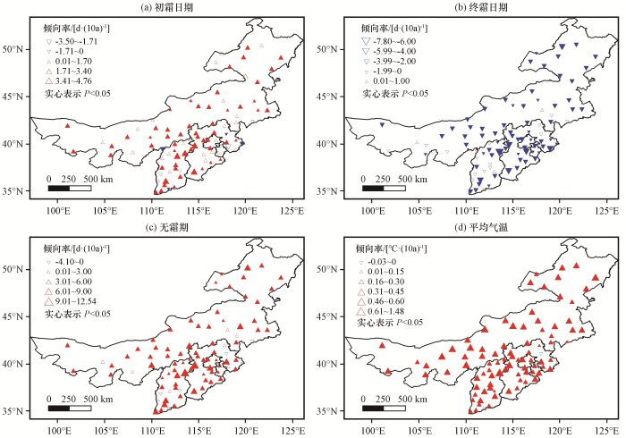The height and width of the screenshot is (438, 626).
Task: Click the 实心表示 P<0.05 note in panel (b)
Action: (394, 93)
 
